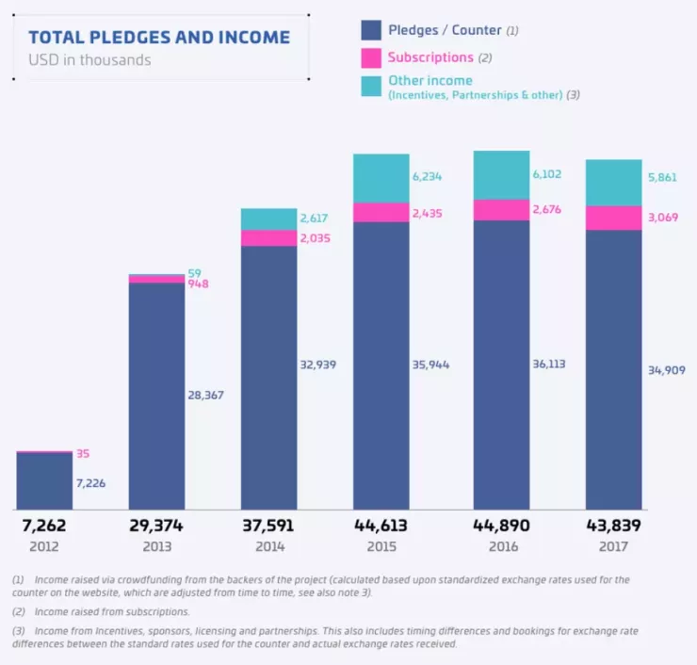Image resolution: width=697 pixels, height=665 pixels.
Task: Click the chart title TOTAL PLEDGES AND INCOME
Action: [159, 38]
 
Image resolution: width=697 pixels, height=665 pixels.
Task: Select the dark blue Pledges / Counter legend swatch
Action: [370, 30]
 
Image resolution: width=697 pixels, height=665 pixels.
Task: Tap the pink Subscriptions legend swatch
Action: [370, 57]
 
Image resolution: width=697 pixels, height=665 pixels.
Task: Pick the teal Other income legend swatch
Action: [370, 86]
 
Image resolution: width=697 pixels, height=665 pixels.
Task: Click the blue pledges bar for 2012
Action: [44, 482]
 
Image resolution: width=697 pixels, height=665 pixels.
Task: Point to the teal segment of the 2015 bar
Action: [381, 178]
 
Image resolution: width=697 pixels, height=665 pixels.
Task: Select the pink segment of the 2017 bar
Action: [613, 218]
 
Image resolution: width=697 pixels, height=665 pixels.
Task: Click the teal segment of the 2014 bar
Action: [268, 219]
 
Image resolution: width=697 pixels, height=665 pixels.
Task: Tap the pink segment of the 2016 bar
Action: [501, 210]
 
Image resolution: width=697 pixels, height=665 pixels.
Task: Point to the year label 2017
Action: [613, 546]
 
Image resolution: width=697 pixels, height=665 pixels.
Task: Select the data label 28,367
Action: [205, 396]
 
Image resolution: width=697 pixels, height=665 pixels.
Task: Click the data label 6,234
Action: [430, 176]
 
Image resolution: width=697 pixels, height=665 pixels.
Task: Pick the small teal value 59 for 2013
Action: [194, 273]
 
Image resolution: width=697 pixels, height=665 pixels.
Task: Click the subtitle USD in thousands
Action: [89, 60]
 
